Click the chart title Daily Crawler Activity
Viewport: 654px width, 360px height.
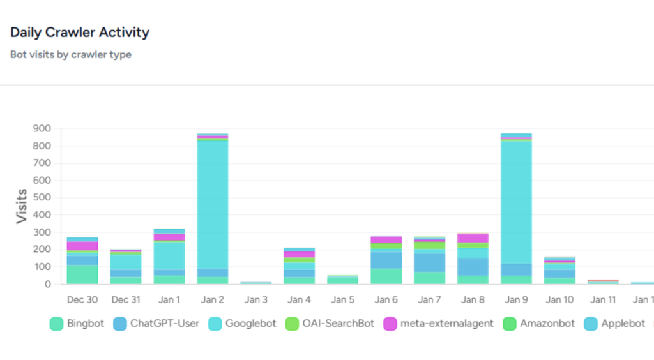(80, 33)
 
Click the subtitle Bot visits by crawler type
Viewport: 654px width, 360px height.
(71, 55)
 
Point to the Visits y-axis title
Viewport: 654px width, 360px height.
(22, 206)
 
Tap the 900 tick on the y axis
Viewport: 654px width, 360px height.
(42, 128)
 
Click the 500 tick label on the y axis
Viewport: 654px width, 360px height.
(42, 198)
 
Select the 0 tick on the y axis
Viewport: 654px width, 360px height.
(47, 285)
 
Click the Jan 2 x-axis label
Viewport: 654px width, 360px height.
(213, 299)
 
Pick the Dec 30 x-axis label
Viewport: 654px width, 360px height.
(82, 299)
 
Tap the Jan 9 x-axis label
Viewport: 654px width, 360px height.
(517, 299)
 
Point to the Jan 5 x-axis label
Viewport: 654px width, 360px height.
(343, 299)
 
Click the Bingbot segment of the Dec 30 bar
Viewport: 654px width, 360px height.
(82, 274)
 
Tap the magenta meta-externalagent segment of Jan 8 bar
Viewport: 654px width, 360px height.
(473, 238)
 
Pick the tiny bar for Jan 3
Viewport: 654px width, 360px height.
(256, 283)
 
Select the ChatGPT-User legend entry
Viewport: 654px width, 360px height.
(156, 324)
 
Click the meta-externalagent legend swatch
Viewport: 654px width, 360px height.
(390, 324)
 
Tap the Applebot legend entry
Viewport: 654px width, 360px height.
(615, 324)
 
